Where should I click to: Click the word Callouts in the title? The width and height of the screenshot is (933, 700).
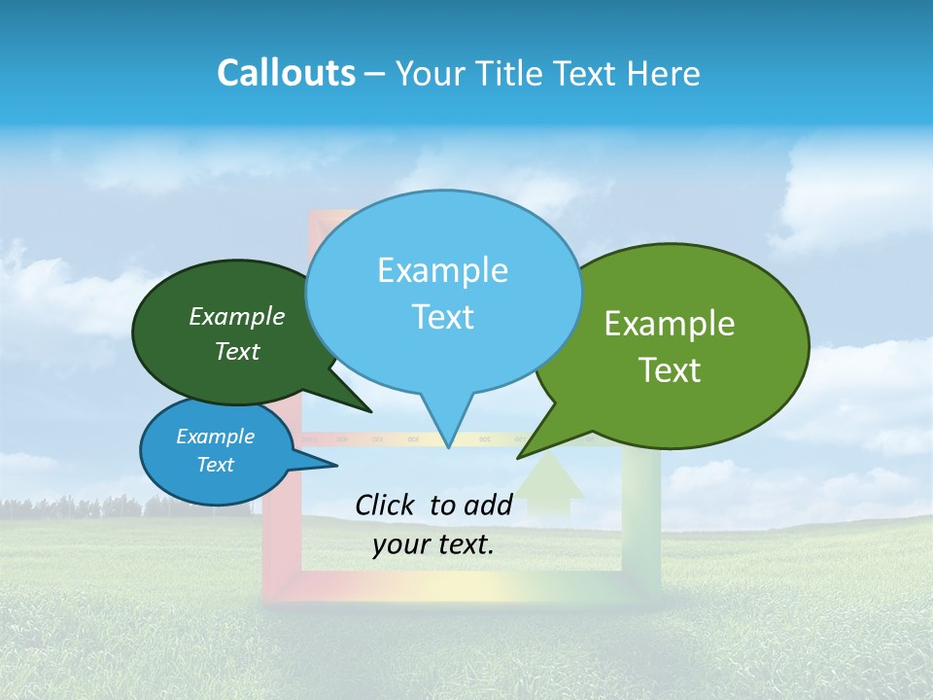(x=286, y=73)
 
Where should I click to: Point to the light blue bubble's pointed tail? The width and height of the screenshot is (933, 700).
(x=447, y=428)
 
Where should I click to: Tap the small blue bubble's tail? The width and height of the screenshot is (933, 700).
(x=316, y=465)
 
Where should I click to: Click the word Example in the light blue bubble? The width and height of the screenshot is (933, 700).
(x=442, y=270)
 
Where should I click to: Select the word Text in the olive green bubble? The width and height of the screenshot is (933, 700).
(x=670, y=370)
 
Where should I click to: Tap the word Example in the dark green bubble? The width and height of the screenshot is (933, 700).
(x=237, y=316)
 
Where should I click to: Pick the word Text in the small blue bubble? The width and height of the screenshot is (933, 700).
(x=216, y=465)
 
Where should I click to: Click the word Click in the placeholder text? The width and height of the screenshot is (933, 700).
(x=386, y=505)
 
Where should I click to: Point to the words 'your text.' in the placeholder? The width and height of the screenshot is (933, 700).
(x=433, y=545)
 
